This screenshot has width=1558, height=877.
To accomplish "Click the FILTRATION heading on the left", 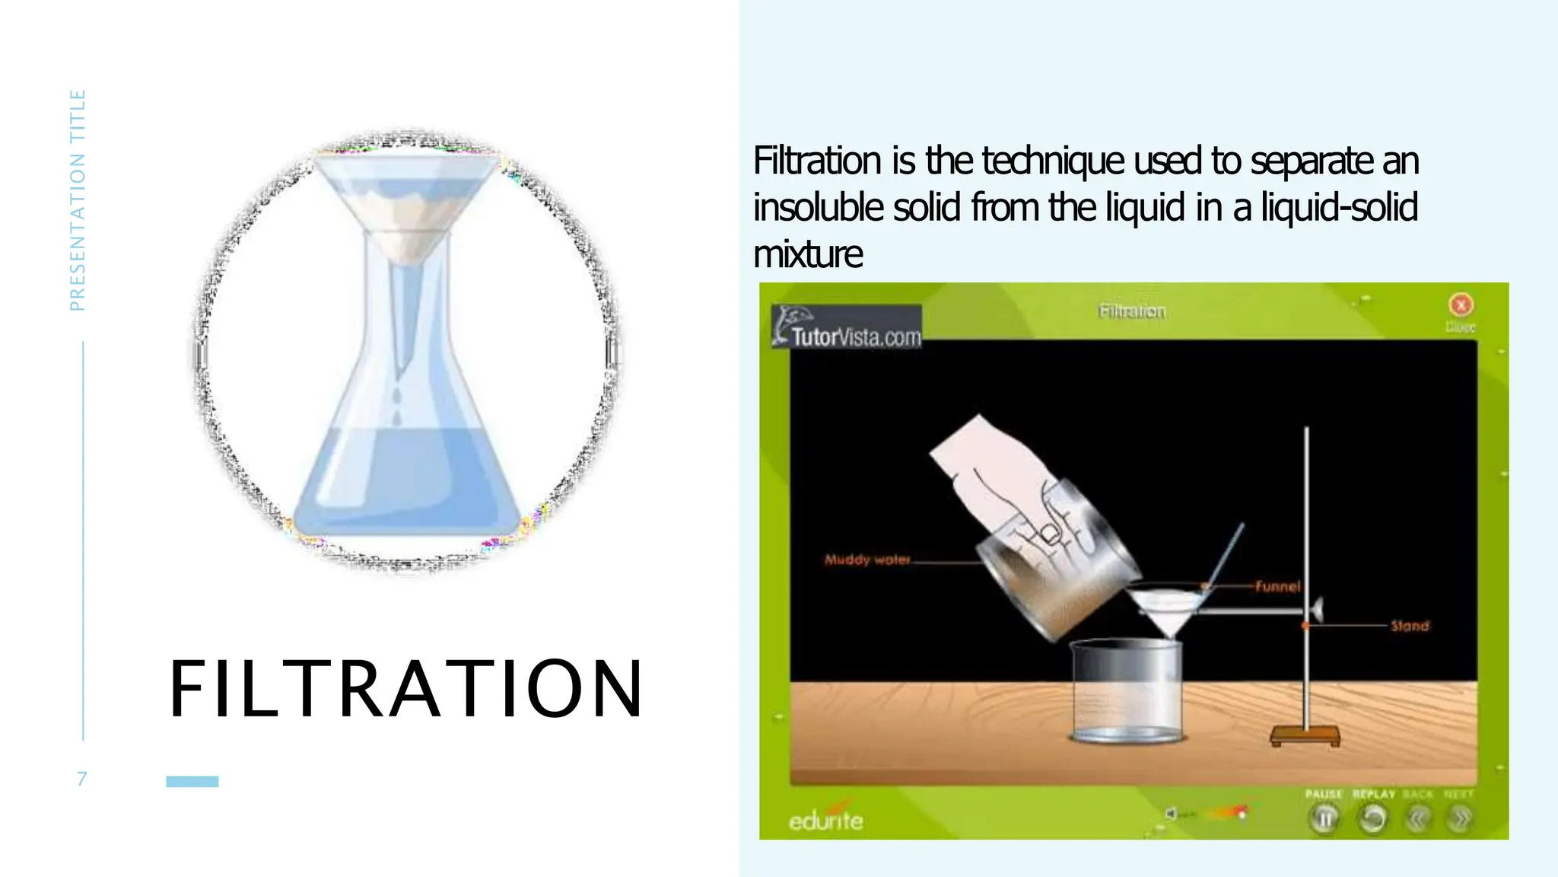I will (406, 689).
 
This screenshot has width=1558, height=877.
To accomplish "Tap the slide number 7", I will (81, 778).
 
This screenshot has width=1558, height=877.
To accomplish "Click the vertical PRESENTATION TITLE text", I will (77, 200).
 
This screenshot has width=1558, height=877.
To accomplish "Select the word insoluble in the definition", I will (819, 207).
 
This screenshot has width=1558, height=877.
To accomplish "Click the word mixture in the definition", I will (808, 254).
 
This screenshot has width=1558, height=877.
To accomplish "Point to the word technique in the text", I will (1052, 161).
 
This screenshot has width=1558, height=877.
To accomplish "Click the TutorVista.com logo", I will (847, 328).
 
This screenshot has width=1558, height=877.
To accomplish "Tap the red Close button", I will (1460, 305).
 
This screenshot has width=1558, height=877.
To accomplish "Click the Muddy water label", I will (867, 560).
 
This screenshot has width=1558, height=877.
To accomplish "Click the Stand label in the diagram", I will (1410, 626).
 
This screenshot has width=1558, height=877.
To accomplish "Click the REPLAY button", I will (1373, 818).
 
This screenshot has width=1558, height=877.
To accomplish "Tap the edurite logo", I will (825, 819).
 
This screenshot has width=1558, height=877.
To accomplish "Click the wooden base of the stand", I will (1305, 735).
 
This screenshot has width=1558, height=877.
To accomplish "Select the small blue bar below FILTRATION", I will (192, 781).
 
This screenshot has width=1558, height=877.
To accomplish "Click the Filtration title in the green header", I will (1132, 311).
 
